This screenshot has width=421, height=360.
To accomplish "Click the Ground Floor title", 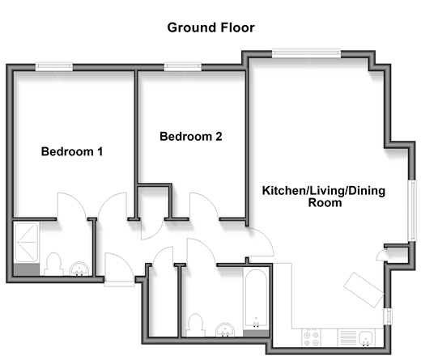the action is click(210, 28).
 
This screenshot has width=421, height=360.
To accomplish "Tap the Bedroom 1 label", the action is click(72, 151).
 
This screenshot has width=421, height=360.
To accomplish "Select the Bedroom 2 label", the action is click(191, 137).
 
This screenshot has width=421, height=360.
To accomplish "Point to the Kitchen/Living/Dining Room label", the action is click(324, 197).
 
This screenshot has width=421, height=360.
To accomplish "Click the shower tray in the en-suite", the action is click(27, 242).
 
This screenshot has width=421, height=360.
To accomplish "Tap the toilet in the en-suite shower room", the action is click(53, 265).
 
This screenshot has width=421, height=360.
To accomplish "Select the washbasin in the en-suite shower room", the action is click(79, 269).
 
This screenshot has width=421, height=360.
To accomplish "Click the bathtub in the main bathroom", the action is click(256, 299).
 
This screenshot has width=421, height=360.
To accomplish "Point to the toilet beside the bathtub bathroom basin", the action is click(195, 325).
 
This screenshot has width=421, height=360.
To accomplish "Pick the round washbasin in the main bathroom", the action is click(225, 330).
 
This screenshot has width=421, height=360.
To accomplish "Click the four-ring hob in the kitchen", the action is click(311, 338).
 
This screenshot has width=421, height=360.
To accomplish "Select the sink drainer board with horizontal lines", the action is click(348, 338).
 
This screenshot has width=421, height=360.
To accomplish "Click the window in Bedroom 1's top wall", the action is click(54, 66).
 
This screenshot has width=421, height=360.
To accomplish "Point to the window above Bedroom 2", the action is click(183, 66).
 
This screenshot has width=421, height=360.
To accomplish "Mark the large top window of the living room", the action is click(306, 53).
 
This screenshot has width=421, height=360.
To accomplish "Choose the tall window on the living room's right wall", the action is click(412, 210).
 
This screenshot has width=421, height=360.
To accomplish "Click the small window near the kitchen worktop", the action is click(388, 316).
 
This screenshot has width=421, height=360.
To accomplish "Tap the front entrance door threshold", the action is click(120, 284).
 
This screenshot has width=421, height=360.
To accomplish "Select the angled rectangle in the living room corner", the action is click(364, 290).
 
